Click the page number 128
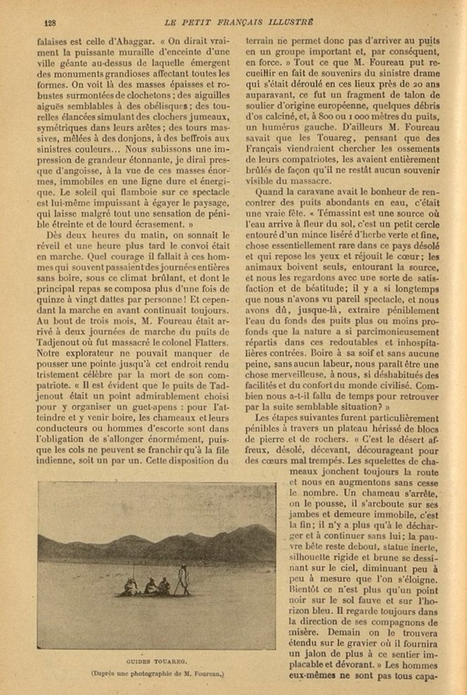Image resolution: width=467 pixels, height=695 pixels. pyautogui.click(x=51, y=23)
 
